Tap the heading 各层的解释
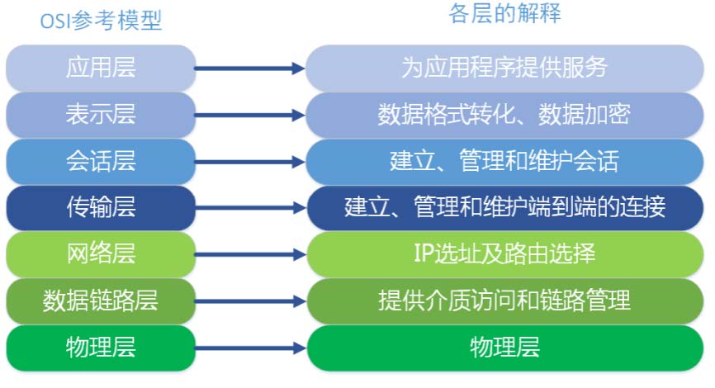(504, 14)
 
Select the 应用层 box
(101, 68)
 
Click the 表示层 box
(101, 114)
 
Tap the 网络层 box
(101, 253)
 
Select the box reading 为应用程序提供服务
(504, 68)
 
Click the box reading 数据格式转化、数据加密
(504, 114)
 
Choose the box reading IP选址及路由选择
(504, 253)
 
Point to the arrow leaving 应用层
(250, 69)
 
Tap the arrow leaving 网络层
(250, 255)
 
